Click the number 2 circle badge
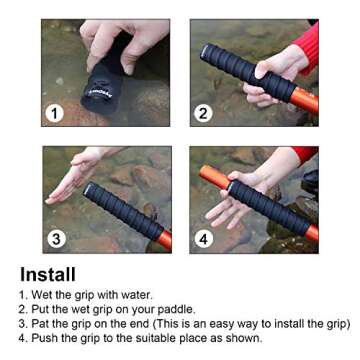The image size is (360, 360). coord(204,113)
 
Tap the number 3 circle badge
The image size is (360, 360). coord(57,239)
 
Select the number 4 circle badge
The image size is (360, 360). coord(204,239)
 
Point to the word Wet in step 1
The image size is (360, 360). coord(44,296)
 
